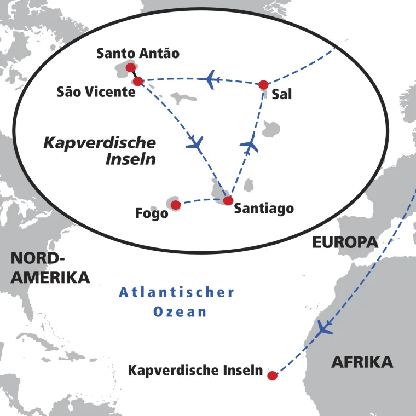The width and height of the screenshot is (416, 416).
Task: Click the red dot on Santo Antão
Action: pyautogui.click(x=130, y=68)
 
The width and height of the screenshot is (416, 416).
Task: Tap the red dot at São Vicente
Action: pyautogui.click(x=138, y=82)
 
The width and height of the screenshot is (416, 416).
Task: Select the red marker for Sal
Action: pyautogui.click(x=263, y=84)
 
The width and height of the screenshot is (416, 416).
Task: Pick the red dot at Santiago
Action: pyautogui.click(x=228, y=200)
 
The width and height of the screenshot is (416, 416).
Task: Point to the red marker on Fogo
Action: pyautogui.click(x=176, y=205)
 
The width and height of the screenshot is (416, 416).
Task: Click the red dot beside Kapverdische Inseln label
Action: pyautogui.click(x=272, y=375)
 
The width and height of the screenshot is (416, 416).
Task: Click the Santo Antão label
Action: pyautogui.click(x=137, y=54)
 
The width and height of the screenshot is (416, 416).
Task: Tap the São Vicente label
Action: pyautogui.click(x=96, y=92)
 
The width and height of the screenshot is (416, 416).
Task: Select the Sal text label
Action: pyautogui.click(x=281, y=94)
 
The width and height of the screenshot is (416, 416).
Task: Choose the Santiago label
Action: pyautogui.click(x=264, y=209)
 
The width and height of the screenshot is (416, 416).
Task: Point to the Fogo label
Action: pyautogui.click(x=152, y=213)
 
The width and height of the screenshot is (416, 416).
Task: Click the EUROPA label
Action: pyautogui.click(x=345, y=242)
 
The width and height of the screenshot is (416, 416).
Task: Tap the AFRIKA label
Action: pyautogui.click(x=362, y=362)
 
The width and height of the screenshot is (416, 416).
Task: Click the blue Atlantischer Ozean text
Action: pyautogui.click(x=177, y=302)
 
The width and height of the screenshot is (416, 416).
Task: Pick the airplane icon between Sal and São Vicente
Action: pyautogui.click(x=210, y=79)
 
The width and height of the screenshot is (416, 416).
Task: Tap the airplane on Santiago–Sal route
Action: pyautogui.click(x=250, y=145)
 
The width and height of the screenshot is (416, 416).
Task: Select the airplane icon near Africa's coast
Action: pyautogui.click(x=324, y=328)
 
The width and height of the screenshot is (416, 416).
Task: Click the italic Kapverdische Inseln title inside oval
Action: pyautogui.click(x=100, y=151)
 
